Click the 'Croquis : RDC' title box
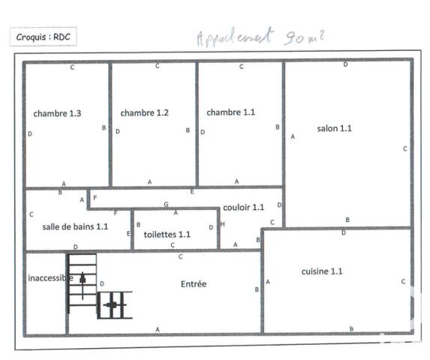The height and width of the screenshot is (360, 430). [43, 36]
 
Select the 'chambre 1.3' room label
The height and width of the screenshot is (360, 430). [57, 113]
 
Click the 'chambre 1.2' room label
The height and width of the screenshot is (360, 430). [144, 113]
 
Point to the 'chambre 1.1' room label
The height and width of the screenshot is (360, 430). [231, 112]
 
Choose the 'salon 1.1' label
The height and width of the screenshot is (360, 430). [335, 128]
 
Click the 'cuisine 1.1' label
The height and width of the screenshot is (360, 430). [322, 271]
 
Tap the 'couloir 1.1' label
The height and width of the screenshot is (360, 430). [243, 207]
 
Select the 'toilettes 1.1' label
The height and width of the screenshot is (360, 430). [167, 234]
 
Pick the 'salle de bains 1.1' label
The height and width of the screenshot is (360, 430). [75, 226]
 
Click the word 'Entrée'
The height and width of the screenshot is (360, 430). [194, 284]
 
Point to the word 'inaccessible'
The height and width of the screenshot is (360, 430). [50, 278]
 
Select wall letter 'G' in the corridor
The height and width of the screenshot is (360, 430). [166, 204]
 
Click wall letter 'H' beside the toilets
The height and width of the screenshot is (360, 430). [222, 226]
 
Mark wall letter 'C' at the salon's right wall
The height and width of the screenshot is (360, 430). [404, 148]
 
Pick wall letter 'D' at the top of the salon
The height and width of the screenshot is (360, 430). [345, 64]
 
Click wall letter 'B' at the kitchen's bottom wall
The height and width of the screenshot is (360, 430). [351, 328]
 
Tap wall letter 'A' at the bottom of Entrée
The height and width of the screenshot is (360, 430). [158, 329]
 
